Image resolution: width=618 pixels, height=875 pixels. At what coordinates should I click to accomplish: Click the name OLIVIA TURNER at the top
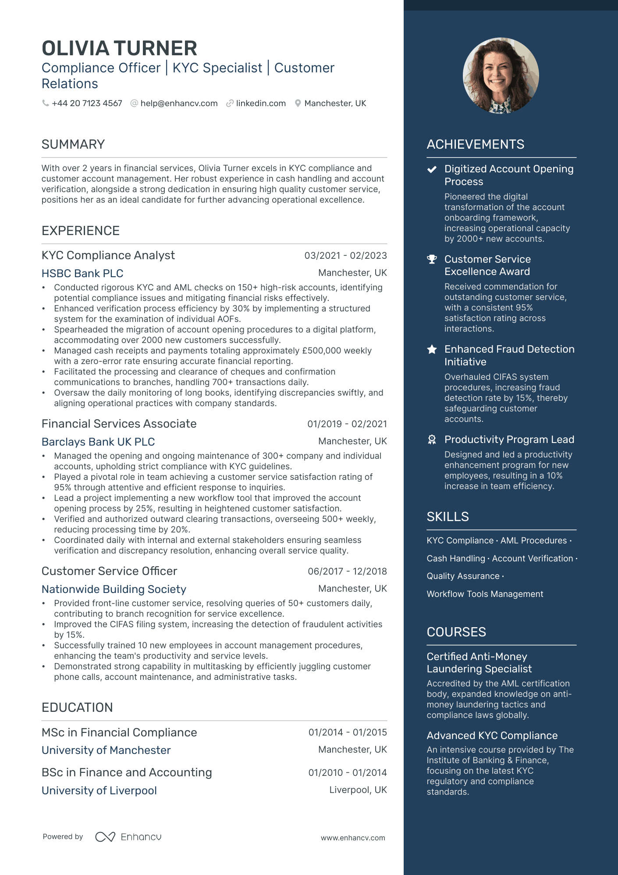click(x=119, y=48)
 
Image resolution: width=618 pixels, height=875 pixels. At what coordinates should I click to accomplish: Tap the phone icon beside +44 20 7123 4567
click(x=45, y=103)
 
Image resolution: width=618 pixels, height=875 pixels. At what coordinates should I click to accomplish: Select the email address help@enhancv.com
click(x=179, y=104)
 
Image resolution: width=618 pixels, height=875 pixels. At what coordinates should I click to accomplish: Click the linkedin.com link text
click(x=260, y=104)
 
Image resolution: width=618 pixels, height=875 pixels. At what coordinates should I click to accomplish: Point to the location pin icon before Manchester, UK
click(x=298, y=104)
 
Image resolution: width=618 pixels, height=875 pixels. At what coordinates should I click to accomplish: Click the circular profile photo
click(x=501, y=75)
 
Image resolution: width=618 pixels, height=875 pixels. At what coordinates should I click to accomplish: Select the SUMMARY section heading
click(x=73, y=144)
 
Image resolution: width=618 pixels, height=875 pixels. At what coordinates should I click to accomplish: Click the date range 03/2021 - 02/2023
click(x=345, y=256)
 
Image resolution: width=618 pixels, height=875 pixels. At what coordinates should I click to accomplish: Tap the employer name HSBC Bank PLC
click(x=82, y=274)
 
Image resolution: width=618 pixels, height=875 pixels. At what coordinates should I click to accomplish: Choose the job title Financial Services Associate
click(x=119, y=424)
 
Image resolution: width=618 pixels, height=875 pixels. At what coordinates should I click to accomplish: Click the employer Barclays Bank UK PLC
click(x=98, y=442)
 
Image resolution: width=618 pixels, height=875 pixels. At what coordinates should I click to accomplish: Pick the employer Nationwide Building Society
click(x=114, y=589)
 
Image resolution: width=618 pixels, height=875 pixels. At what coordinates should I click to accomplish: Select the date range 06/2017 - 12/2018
click(x=347, y=571)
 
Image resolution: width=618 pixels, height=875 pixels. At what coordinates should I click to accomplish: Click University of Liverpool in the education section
click(x=99, y=791)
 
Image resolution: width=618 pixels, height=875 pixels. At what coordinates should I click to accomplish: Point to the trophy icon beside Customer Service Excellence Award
click(x=432, y=259)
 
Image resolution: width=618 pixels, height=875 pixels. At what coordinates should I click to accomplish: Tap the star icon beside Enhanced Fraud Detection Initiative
click(x=432, y=350)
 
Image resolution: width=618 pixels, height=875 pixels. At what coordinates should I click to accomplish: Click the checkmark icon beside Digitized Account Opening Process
click(x=432, y=169)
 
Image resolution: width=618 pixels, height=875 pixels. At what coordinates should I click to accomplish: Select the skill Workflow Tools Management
click(x=485, y=594)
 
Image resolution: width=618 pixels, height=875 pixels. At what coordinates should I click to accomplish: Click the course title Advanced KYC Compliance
click(x=492, y=736)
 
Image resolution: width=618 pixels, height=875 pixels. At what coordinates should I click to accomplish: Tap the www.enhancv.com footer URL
click(x=353, y=838)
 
